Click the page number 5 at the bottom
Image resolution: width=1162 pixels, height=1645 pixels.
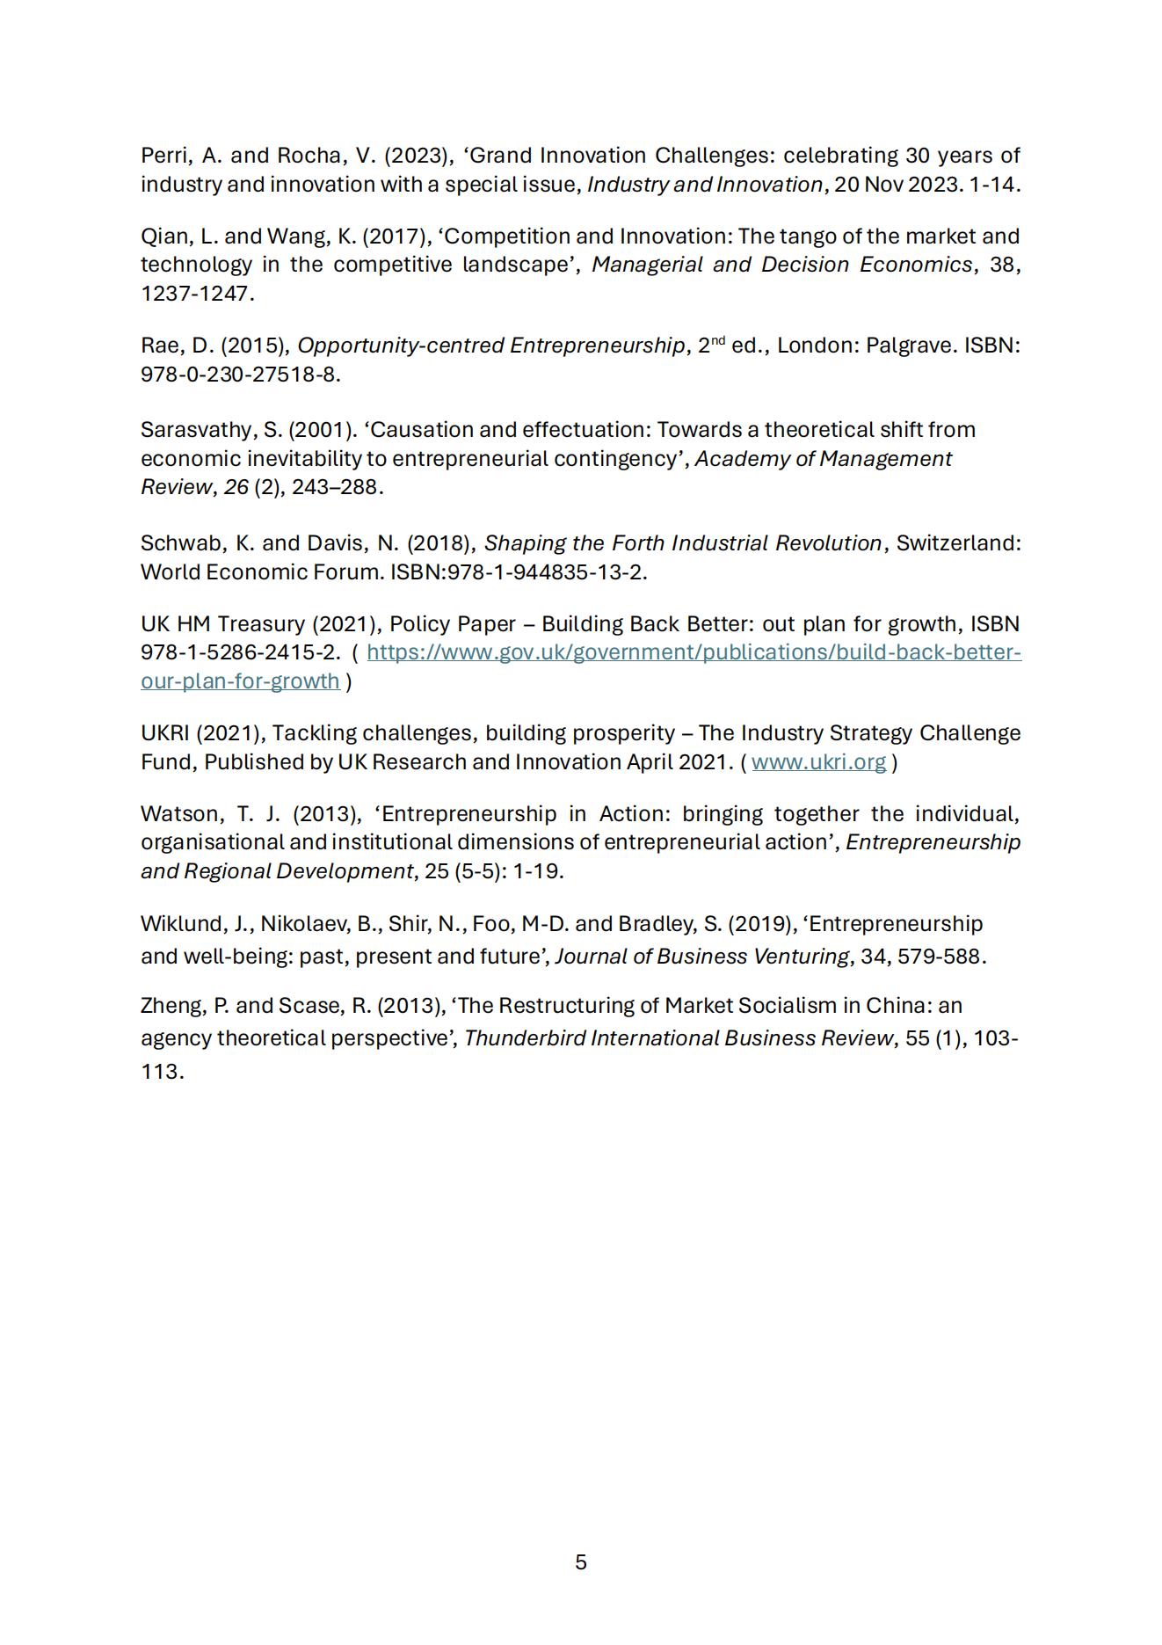[580, 1561]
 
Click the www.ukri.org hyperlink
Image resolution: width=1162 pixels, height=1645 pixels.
[818, 761]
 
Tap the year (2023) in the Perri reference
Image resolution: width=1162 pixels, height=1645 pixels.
[418, 156]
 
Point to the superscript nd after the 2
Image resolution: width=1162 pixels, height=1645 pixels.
[717, 339]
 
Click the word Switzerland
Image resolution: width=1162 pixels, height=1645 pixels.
[958, 543]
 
